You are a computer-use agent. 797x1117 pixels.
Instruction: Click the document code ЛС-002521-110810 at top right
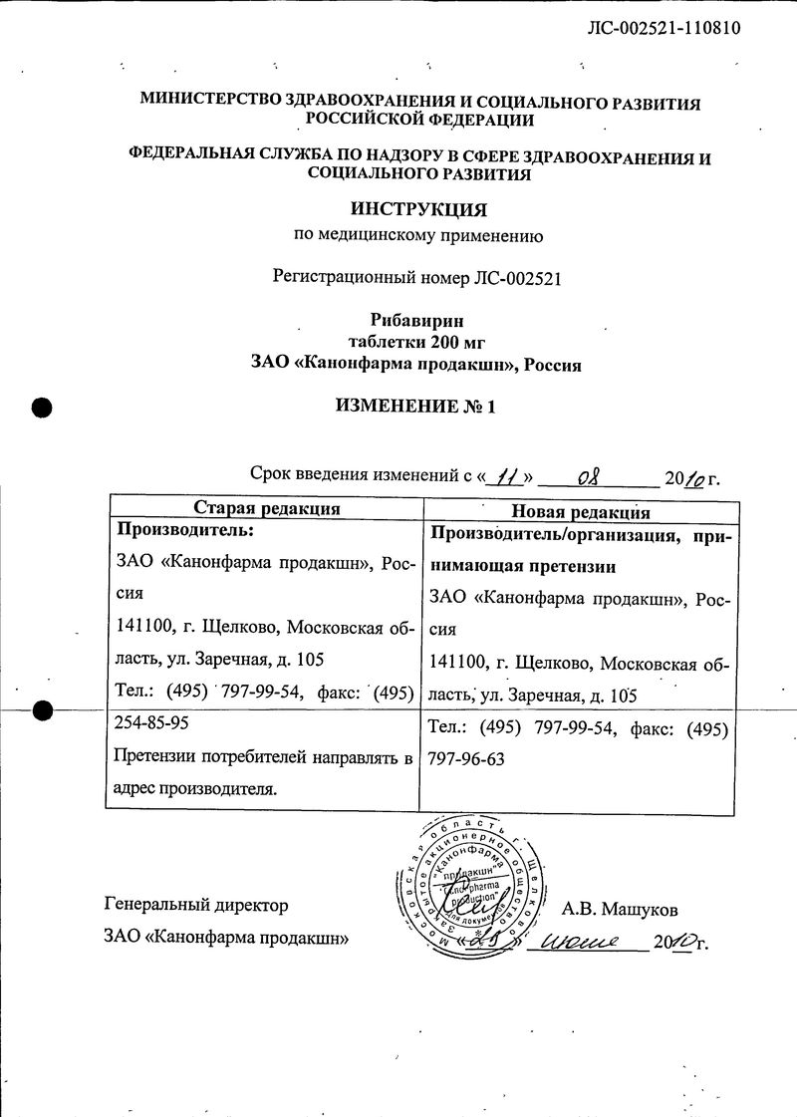click(x=665, y=28)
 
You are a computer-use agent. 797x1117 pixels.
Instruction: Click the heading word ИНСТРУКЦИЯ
click(x=418, y=209)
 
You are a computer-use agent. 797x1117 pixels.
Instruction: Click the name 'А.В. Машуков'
click(x=620, y=909)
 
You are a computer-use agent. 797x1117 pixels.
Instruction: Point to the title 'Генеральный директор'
click(x=196, y=906)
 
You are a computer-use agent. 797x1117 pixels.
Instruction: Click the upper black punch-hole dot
click(x=42, y=406)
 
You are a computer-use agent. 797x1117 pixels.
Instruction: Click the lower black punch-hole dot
click(x=42, y=710)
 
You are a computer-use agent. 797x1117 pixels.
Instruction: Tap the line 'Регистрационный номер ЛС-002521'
click(x=417, y=278)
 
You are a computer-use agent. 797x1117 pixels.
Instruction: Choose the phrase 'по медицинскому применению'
click(x=417, y=236)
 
